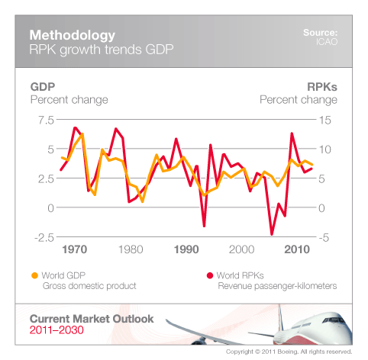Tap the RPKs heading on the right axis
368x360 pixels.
[x=320, y=86]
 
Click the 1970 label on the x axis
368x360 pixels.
[x=75, y=249]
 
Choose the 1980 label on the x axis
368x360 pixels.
[x=131, y=249]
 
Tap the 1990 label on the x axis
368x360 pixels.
[x=186, y=249]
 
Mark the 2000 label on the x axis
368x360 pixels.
[x=241, y=249]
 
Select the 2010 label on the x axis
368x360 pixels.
[x=296, y=249]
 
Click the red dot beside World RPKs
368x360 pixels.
[x=209, y=275]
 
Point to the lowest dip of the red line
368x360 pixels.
[x=271, y=233]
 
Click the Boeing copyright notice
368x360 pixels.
[x=289, y=353]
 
